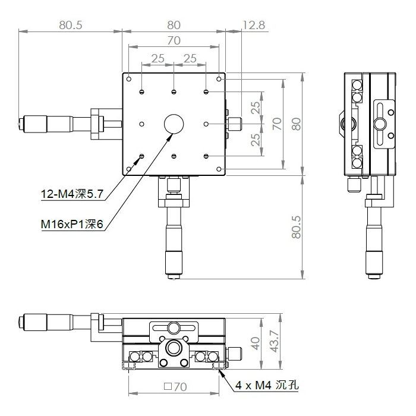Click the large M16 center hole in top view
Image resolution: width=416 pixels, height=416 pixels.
click(174, 124)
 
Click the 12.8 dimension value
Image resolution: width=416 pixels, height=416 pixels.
click(254, 25)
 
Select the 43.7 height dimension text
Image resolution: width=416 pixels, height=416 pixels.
click(275, 341)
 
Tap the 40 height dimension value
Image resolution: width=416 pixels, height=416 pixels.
click(255, 343)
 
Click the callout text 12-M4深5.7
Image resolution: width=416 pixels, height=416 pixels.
click(72, 194)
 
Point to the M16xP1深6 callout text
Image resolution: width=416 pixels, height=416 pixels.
click(72, 225)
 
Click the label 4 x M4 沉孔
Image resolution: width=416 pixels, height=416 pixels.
click(267, 385)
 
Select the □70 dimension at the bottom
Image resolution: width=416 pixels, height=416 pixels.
click(175, 387)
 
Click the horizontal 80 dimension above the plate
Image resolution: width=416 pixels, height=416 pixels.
click(174, 25)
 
